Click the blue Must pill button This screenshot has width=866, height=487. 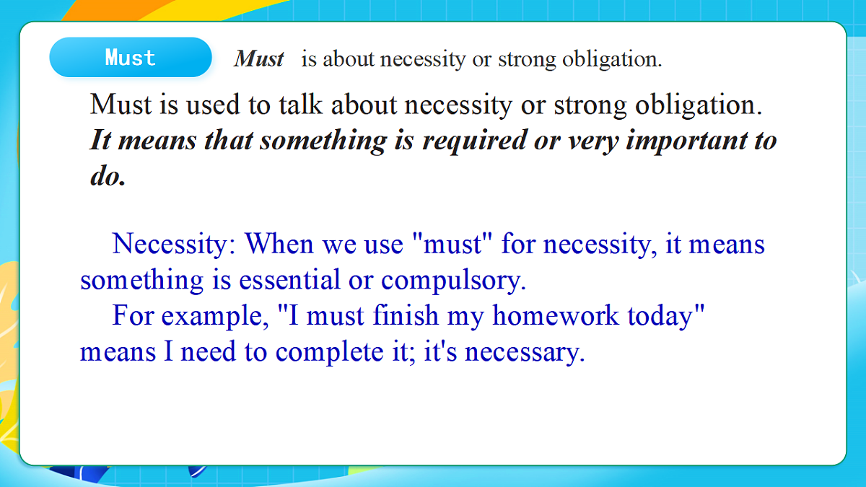(131, 57)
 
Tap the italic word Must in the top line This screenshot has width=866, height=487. (258, 58)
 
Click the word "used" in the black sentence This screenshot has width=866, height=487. (213, 105)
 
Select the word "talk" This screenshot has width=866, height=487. (301, 105)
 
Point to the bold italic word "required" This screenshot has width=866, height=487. (474, 141)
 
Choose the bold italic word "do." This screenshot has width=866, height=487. (108, 176)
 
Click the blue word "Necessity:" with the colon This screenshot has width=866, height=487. (174, 245)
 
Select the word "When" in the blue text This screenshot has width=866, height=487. (279, 244)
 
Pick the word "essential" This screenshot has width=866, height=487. (289, 279)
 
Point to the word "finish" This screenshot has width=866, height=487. (406, 315)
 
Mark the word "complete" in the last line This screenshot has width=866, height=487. (329, 353)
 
